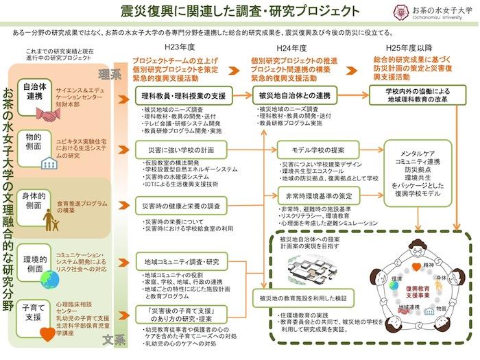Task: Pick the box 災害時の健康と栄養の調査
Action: pos(180,205)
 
